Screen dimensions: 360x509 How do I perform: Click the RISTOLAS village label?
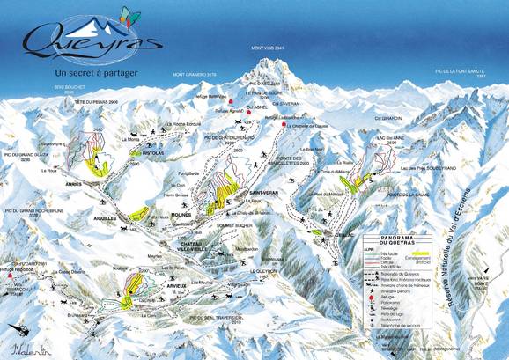(x=142, y=152)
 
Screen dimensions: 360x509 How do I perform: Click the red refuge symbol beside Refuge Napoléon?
(x=10, y=276)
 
